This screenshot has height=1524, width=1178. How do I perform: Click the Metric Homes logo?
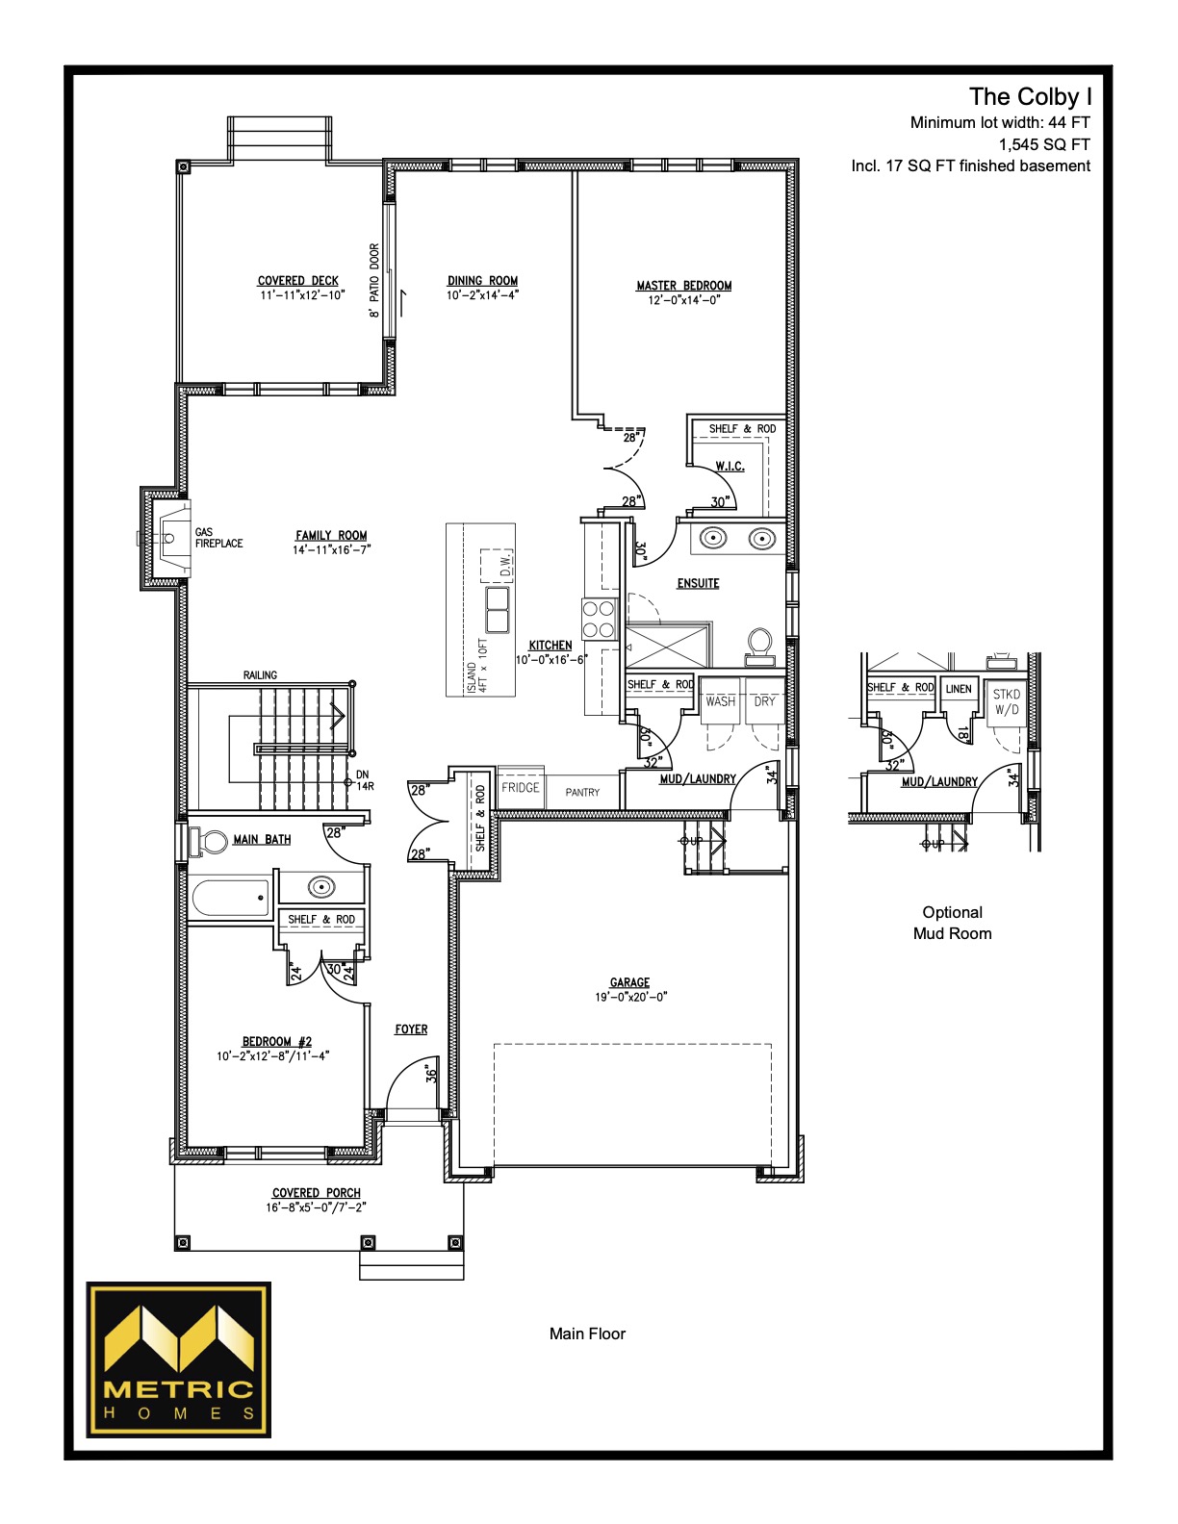(x=178, y=1359)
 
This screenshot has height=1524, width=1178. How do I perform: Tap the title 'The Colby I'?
(x=1030, y=97)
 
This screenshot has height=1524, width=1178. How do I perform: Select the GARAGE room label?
(x=629, y=982)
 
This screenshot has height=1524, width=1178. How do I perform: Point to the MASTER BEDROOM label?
(x=684, y=286)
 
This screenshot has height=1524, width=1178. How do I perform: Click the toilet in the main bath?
(x=209, y=841)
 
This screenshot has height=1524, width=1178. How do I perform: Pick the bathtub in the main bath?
(x=230, y=899)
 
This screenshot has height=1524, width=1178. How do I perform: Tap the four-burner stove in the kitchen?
(x=599, y=620)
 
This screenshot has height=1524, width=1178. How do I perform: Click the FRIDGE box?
(x=521, y=788)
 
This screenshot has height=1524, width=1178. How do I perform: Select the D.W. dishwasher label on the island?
(x=506, y=564)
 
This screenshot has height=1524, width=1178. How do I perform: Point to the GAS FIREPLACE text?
(x=218, y=538)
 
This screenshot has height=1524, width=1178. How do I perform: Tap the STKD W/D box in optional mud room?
(x=1007, y=702)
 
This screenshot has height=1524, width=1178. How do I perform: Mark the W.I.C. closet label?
(x=730, y=467)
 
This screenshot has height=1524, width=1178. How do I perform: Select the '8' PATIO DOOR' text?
(x=374, y=281)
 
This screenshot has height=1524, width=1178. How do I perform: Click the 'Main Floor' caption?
(x=587, y=1333)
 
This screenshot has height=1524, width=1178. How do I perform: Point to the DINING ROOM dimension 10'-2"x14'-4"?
(x=483, y=295)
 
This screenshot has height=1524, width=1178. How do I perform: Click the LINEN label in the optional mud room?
(x=959, y=689)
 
